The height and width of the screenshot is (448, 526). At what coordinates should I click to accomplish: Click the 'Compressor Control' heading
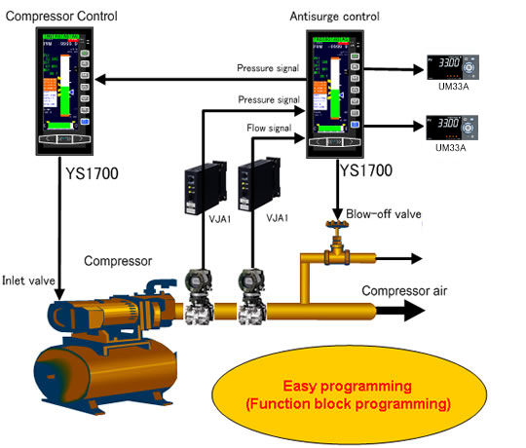(x=61, y=16)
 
